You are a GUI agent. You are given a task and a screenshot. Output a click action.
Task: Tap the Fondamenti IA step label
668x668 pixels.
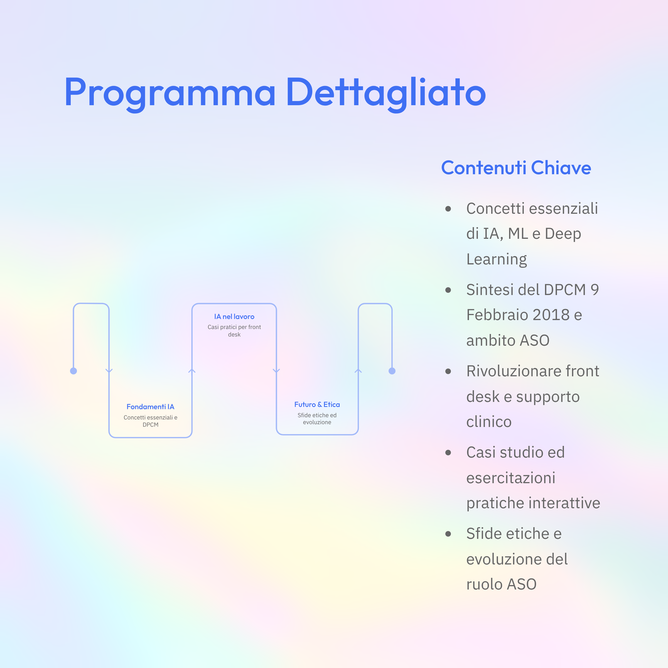[150, 407]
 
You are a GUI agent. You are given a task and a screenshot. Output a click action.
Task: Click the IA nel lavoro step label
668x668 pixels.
[234, 316]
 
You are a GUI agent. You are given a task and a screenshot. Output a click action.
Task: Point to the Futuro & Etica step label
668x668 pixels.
[317, 404]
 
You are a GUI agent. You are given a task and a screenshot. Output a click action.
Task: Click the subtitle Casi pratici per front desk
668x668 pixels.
[234, 331]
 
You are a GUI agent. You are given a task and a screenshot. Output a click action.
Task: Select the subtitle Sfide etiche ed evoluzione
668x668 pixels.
[317, 419]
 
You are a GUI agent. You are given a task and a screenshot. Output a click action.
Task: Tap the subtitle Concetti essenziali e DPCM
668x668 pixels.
[150, 421]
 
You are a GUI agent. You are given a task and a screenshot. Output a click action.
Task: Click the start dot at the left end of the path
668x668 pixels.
[73, 371]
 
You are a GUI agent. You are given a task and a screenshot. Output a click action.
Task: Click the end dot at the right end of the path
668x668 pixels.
[392, 371]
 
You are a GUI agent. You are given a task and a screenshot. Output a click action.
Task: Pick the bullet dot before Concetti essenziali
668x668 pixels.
[448, 209]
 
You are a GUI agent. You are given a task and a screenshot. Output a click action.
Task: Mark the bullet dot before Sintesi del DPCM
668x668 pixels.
[448, 290]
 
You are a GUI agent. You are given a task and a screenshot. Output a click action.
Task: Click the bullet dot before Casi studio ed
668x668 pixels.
[448, 453]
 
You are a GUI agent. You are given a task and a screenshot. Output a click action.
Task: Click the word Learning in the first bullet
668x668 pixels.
[497, 260]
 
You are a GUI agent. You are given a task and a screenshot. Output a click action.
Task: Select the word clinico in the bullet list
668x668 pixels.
[489, 422]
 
